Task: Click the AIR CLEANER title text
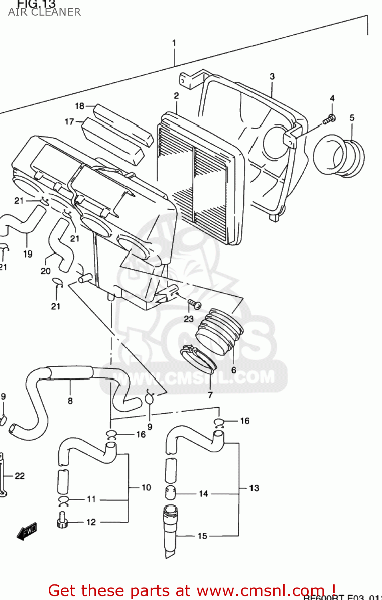coord(44,12)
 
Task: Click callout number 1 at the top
coord(174,43)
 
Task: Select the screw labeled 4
coord(330,118)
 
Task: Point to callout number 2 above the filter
coord(176,96)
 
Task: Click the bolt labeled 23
coord(194,305)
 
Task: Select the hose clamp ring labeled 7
coord(198,359)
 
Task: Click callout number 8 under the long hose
coord(70,401)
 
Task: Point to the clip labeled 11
coord(64,500)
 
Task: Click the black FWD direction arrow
coord(27,532)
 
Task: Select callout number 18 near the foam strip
coord(80,106)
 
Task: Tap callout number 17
coord(69,122)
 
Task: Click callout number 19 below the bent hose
coord(28,254)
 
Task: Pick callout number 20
coord(46,271)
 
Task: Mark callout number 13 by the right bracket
coord(254,488)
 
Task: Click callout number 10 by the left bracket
coord(146,488)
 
